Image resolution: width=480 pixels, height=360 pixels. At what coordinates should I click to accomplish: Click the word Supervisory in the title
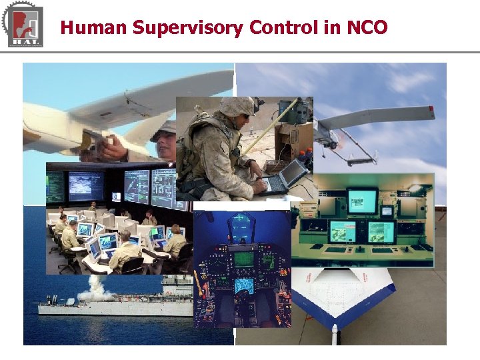(x=188, y=28)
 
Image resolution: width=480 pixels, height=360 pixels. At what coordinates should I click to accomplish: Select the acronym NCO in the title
(x=367, y=28)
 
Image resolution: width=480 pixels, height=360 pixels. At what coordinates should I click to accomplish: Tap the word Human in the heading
(x=93, y=28)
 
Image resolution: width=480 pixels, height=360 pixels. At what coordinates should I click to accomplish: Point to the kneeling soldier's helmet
(x=237, y=106)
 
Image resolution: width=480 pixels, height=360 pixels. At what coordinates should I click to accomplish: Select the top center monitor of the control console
(x=362, y=199)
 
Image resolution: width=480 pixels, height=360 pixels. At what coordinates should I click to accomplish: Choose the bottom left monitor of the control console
(x=343, y=231)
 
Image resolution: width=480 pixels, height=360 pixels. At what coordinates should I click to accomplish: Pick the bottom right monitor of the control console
(x=381, y=231)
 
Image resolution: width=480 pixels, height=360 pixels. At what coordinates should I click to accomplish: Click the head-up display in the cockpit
(x=241, y=227)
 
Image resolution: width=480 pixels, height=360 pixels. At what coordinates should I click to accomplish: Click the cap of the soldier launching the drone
(x=163, y=129)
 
